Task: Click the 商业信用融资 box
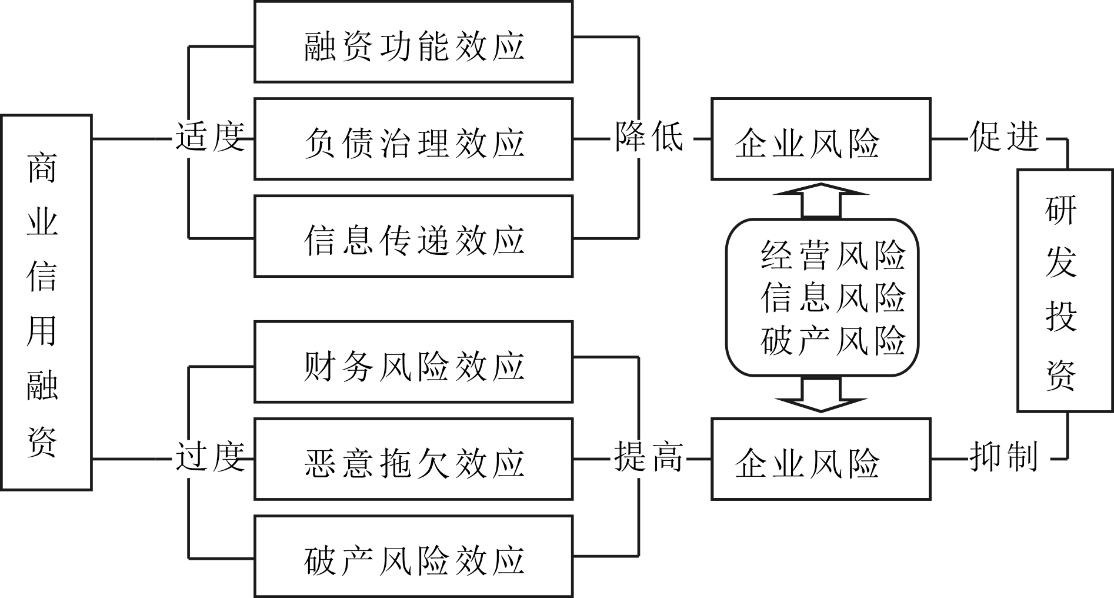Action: (x=46, y=302)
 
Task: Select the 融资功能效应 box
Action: (x=413, y=42)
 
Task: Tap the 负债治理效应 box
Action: (x=413, y=139)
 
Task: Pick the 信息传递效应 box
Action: (x=413, y=236)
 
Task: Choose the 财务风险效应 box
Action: (x=413, y=362)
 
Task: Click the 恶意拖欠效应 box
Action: (x=413, y=459)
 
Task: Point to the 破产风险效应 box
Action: (x=413, y=556)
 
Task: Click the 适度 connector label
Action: (x=210, y=138)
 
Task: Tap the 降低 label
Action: (x=649, y=137)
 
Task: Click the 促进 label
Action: (x=1005, y=137)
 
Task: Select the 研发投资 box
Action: (x=1060, y=290)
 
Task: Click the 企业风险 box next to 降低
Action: (x=821, y=139)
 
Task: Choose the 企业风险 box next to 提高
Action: (x=821, y=459)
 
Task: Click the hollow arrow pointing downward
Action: (x=821, y=396)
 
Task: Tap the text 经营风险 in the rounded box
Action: (x=833, y=255)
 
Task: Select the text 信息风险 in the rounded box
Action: (x=833, y=297)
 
